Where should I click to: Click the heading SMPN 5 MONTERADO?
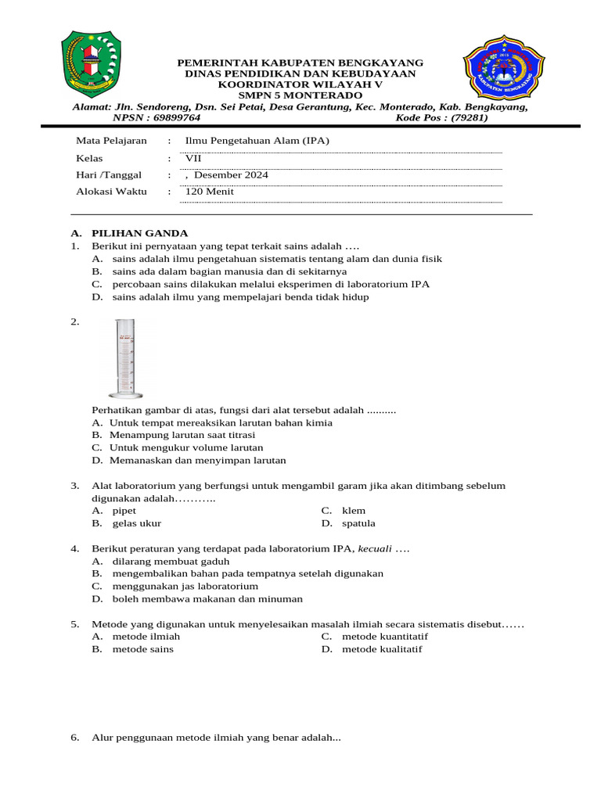click(300, 95)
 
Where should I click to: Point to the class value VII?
click(193, 158)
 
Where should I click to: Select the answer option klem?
click(354, 511)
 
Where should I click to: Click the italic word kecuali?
click(376, 549)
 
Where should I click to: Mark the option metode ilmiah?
click(146, 637)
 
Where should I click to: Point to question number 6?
click(74, 738)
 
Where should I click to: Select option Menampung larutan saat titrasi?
click(182, 435)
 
